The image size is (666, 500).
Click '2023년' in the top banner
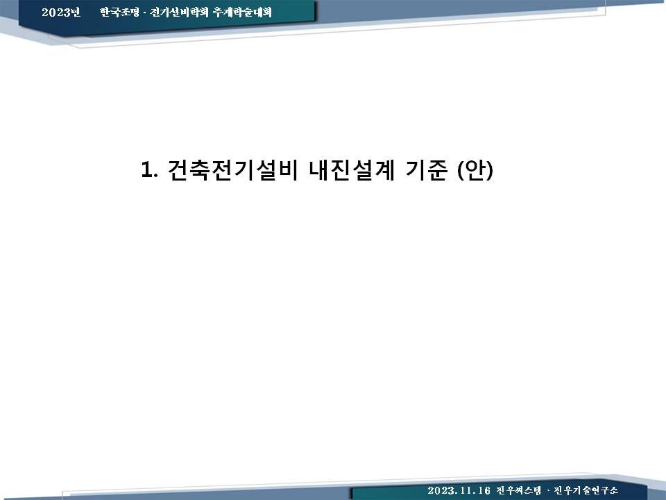pyautogui.click(x=61, y=12)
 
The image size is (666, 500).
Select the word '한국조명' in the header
pyautogui.click(x=119, y=12)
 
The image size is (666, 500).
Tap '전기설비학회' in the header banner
pyautogui.click(x=179, y=12)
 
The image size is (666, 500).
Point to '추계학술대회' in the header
pyautogui.click(x=242, y=12)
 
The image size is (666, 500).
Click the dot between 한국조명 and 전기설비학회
pyautogui.click(x=144, y=12)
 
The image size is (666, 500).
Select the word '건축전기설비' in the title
pyautogui.click(x=233, y=170)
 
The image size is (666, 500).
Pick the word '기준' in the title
pyautogui.click(x=427, y=170)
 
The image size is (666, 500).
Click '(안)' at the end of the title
pyautogui.click(x=475, y=170)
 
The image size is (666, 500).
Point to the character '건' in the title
pyautogui.click(x=178, y=170)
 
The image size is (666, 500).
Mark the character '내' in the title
pyautogui.click(x=319, y=170)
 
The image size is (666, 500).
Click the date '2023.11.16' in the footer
pyautogui.click(x=459, y=490)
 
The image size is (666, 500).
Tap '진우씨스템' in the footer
pyautogui.click(x=519, y=490)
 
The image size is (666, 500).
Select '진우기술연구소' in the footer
pyautogui.click(x=586, y=490)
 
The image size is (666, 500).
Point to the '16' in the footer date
pyautogui.click(x=484, y=490)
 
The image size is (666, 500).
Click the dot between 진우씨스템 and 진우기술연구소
pyautogui.click(x=548, y=491)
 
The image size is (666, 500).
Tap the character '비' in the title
pyautogui.click(x=287, y=170)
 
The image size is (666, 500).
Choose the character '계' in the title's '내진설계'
pyautogui.click(x=385, y=170)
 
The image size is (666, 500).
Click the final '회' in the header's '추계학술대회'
pyautogui.click(x=266, y=12)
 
